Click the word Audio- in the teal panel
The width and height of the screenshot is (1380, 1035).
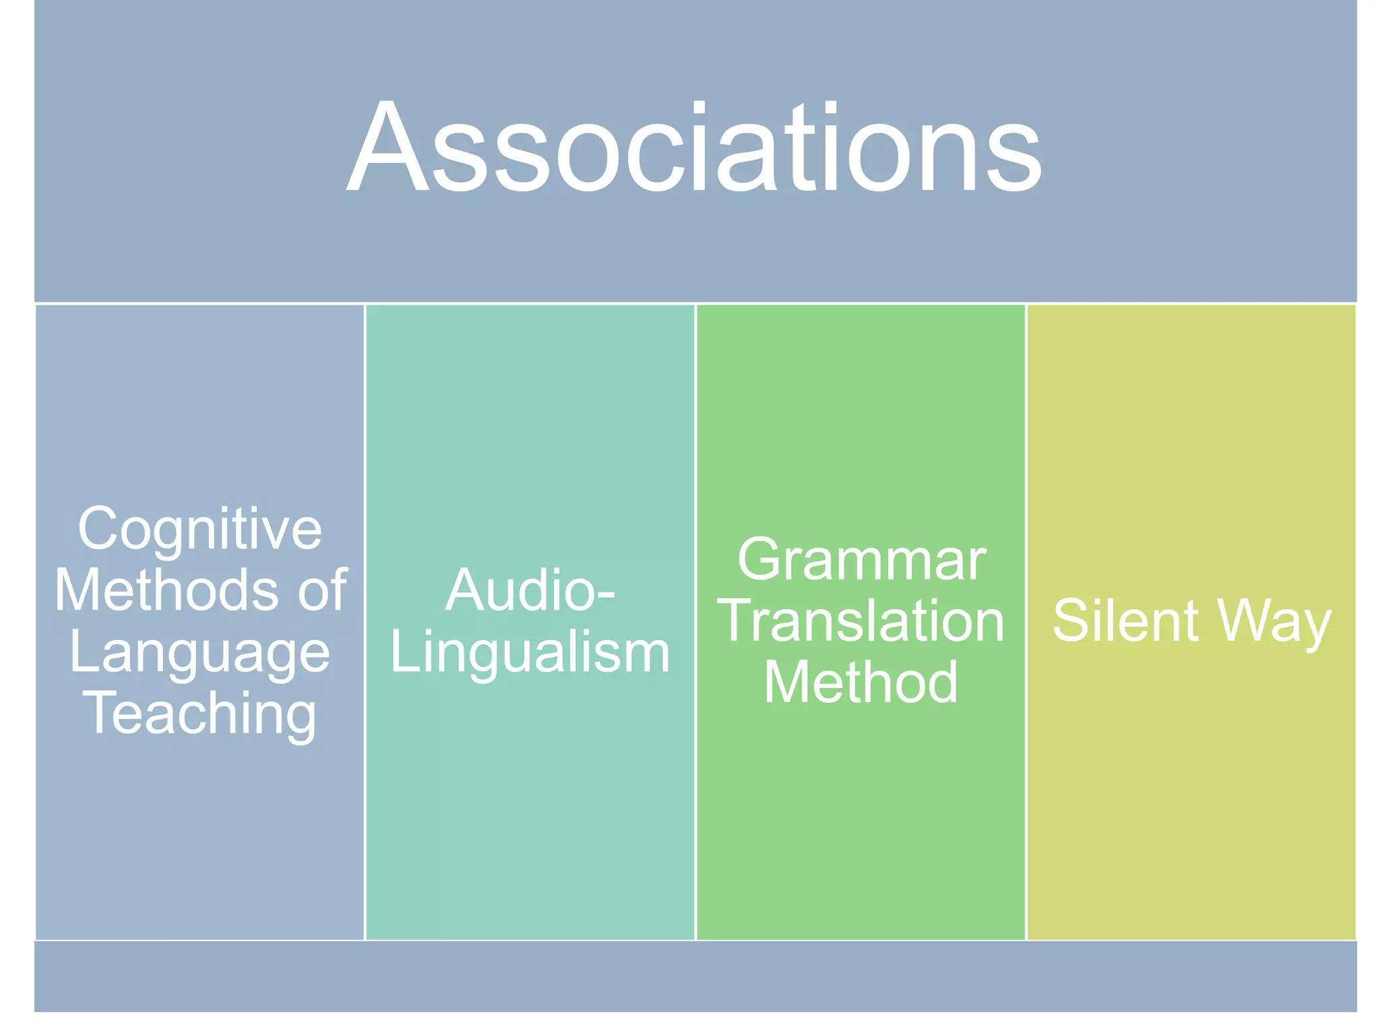(530, 591)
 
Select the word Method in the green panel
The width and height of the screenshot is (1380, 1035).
(860, 682)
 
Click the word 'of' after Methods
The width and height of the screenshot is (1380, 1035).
(323, 590)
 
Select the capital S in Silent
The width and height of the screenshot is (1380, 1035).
(1071, 621)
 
